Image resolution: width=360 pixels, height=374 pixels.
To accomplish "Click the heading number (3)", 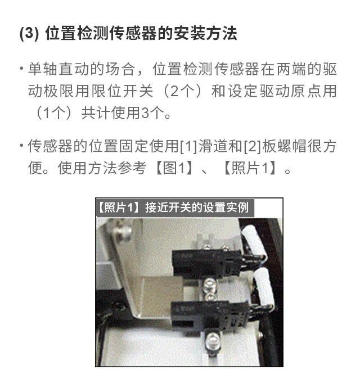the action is tap(29, 33).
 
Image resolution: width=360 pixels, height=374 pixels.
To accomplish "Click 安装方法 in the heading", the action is tap(205, 33).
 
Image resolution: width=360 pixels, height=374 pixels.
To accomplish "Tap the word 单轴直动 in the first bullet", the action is tap(58, 69).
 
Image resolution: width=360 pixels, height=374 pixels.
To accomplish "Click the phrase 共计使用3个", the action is tap(126, 113).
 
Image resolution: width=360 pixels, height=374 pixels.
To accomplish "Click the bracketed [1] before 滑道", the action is tap(188, 146).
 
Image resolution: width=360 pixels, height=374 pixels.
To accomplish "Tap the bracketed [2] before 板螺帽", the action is tap(253, 146).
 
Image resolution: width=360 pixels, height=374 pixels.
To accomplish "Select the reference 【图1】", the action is tap(174, 168).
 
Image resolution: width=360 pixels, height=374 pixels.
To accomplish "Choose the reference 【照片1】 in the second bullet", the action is tap(250, 168).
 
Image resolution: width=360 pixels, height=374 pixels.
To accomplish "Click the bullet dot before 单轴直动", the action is tap(22, 69).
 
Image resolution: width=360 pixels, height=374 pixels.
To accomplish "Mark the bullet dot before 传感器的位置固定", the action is tap(22, 146).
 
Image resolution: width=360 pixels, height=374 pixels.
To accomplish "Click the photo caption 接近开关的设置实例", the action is tap(197, 208).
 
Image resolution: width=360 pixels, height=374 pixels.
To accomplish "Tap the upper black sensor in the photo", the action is tap(206, 264).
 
